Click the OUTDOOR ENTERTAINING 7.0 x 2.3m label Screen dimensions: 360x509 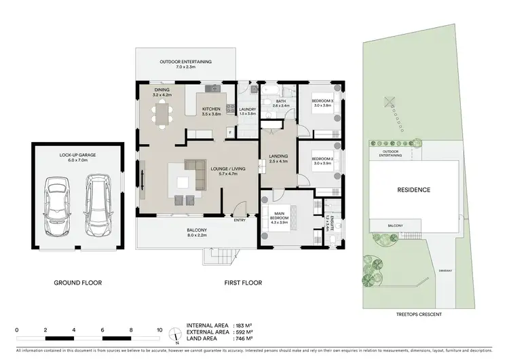point(185,65)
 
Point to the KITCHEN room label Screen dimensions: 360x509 point(212,111)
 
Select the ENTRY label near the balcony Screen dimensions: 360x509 point(240,219)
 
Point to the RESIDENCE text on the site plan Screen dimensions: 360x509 point(414,190)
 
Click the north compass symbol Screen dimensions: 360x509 point(176,335)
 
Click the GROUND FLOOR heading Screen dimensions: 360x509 point(78,282)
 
